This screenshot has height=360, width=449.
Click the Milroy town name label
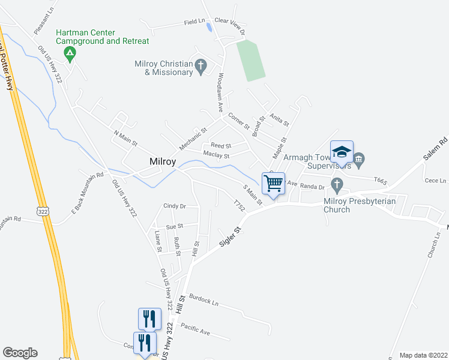(163, 163)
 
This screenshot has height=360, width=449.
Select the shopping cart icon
(273, 184)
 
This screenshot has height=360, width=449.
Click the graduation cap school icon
(342, 152)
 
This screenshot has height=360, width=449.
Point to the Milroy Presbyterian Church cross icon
(337, 185)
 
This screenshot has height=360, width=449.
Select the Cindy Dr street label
(175, 206)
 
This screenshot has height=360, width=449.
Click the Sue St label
(174, 227)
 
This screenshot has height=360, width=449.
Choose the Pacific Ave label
(195, 329)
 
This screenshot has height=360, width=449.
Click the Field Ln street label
(194, 22)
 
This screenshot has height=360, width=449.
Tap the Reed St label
(221, 146)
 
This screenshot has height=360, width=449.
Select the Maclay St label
(217, 155)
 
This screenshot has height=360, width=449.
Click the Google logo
(20, 353)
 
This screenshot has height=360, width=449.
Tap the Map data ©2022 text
(423, 355)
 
